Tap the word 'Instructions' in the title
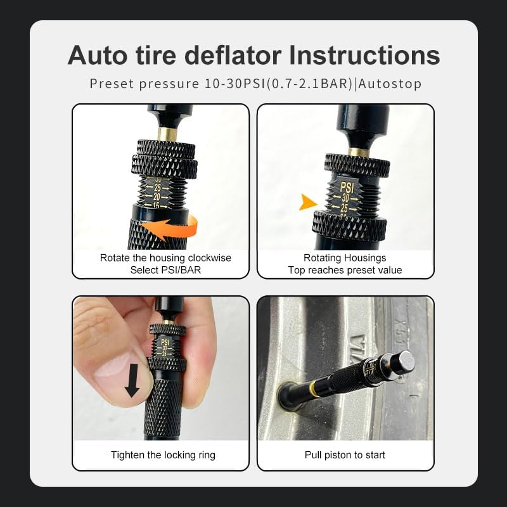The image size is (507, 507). (x=364, y=55)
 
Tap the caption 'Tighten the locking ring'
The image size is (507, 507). (x=163, y=455)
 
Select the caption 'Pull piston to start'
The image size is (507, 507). (x=345, y=455)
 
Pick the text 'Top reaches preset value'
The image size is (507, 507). (x=345, y=270)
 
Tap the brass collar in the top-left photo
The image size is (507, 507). (x=167, y=134)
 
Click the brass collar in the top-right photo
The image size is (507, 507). (x=359, y=151)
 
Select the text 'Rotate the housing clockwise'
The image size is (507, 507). (x=165, y=258)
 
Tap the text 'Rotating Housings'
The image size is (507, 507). (x=345, y=258)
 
